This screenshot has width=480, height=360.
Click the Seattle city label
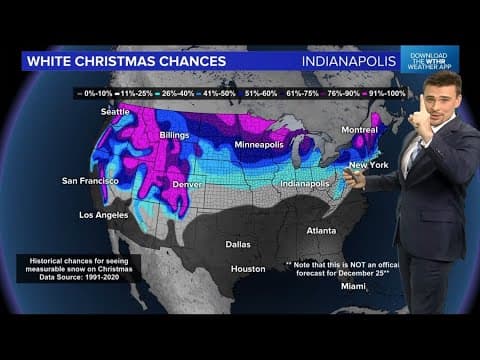[116, 111]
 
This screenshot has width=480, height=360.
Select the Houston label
[247, 269]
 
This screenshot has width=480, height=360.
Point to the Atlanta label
[321, 231]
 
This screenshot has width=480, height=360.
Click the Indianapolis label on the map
[305, 185]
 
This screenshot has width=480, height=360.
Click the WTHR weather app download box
[430, 59]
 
